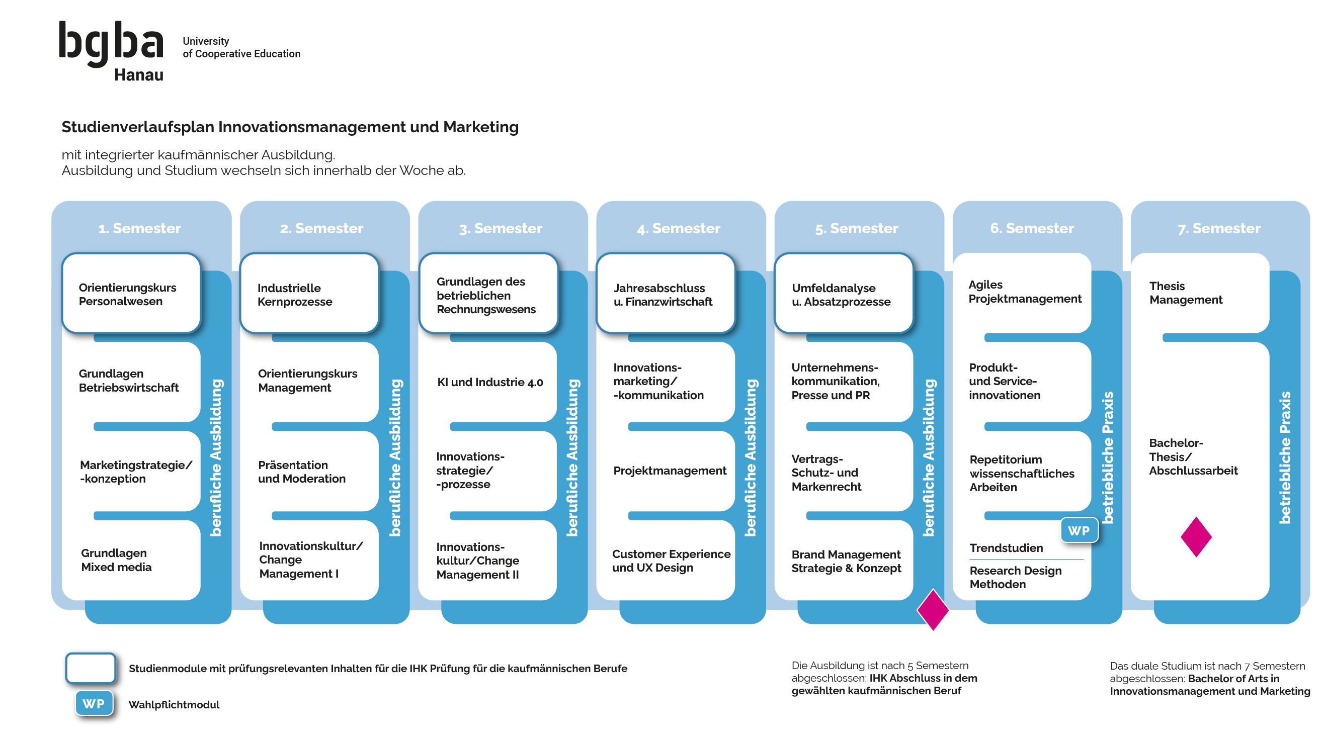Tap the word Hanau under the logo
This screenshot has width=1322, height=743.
[x=138, y=75]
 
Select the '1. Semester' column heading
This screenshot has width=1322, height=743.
[x=139, y=228]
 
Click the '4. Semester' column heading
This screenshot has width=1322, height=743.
[x=679, y=228]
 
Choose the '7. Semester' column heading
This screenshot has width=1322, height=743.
[x=1219, y=228]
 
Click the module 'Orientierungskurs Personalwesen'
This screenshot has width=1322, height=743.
[x=131, y=294]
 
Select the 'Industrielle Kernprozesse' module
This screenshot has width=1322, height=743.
[x=309, y=294]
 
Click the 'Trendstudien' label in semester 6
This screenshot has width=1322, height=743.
[x=1006, y=547]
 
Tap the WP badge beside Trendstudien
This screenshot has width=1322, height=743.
[x=1079, y=531]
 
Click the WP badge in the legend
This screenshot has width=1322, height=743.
[x=94, y=703]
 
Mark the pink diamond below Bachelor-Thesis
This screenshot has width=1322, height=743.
[x=1196, y=537]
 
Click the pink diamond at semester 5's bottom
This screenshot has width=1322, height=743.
[x=933, y=610]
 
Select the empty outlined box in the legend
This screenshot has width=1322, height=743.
[x=91, y=668]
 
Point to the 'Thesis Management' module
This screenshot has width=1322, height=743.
[x=1186, y=293]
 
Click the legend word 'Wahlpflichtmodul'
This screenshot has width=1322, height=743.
[x=174, y=704]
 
